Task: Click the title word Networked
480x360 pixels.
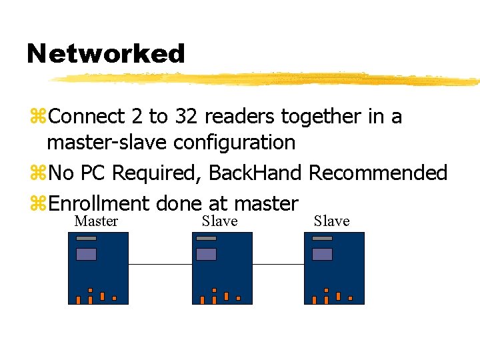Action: pos(105,53)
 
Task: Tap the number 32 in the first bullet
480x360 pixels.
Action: pos(186,117)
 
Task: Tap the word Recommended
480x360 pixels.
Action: pos(378,173)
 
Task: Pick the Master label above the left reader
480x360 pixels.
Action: pos(96,221)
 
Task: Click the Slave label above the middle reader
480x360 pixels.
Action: pos(219,221)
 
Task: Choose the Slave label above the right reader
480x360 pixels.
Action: pos(331,221)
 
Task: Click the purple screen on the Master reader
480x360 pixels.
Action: pos(86,254)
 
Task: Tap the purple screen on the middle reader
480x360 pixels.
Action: pos(206,254)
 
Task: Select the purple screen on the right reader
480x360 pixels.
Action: pos(322,254)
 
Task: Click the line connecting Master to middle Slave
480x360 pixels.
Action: pos(160,264)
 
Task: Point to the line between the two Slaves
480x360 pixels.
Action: pos(278,264)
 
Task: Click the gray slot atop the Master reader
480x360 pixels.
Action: pos(86,238)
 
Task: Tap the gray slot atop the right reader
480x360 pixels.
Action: pos(322,238)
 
